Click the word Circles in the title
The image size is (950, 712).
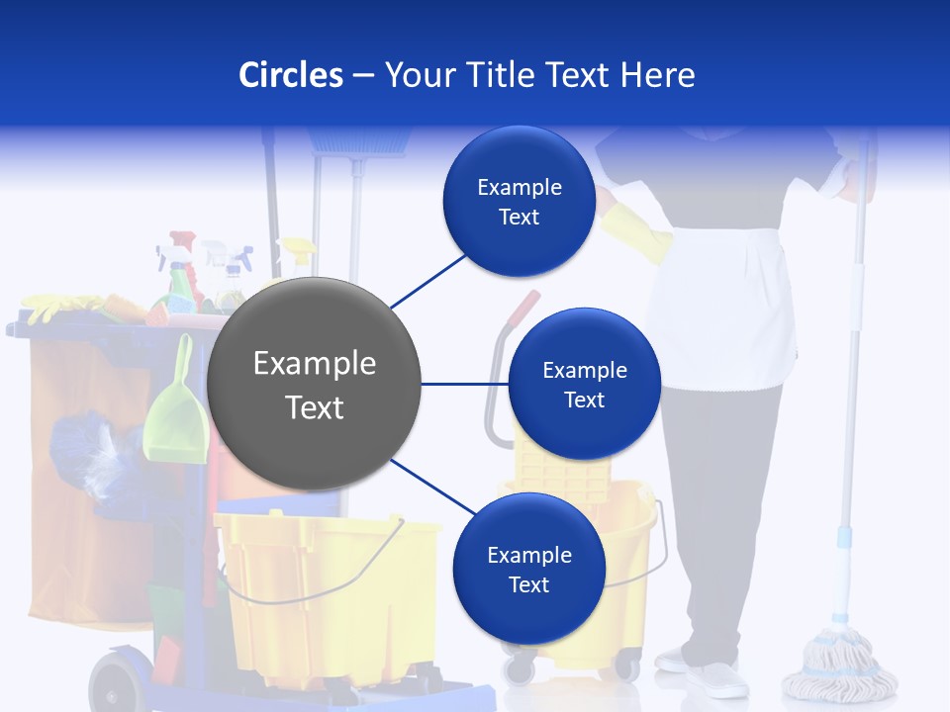point(290,75)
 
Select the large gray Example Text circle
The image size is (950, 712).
point(314,385)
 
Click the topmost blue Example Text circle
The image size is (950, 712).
point(519,202)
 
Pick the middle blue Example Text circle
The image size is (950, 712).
point(584,385)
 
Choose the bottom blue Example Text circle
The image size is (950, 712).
point(528,570)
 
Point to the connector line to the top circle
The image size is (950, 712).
point(427,279)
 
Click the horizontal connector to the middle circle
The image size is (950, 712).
point(464,384)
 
